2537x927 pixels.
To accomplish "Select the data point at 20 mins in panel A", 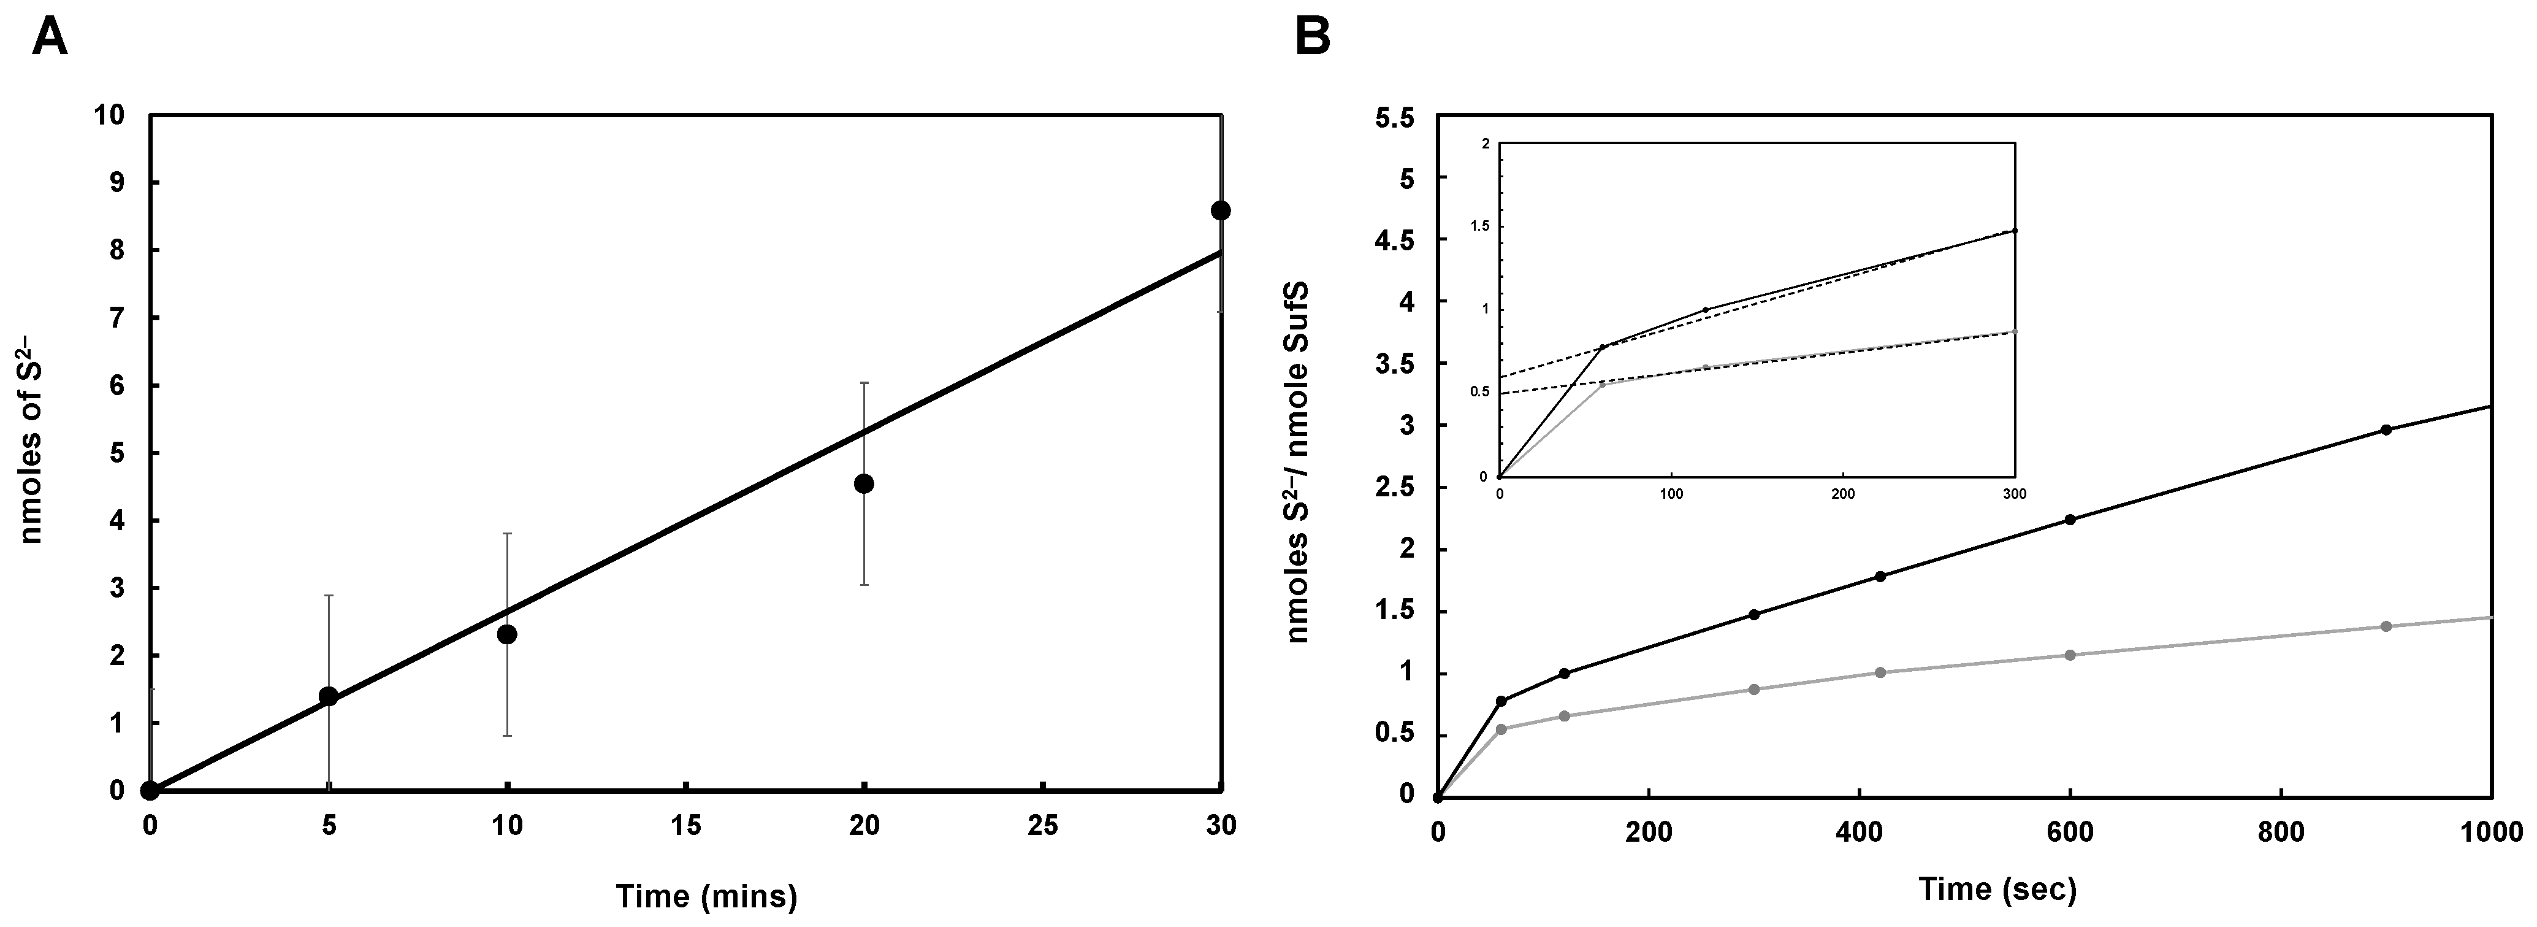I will (x=864, y=483).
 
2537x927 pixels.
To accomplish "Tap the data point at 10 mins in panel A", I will (x=507, y=634).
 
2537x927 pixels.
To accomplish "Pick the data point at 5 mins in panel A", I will (x=329, y=696).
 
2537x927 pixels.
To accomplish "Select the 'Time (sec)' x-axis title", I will (x=1997, y=890).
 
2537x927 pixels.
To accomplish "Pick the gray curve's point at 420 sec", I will (x=1879, y=673).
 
